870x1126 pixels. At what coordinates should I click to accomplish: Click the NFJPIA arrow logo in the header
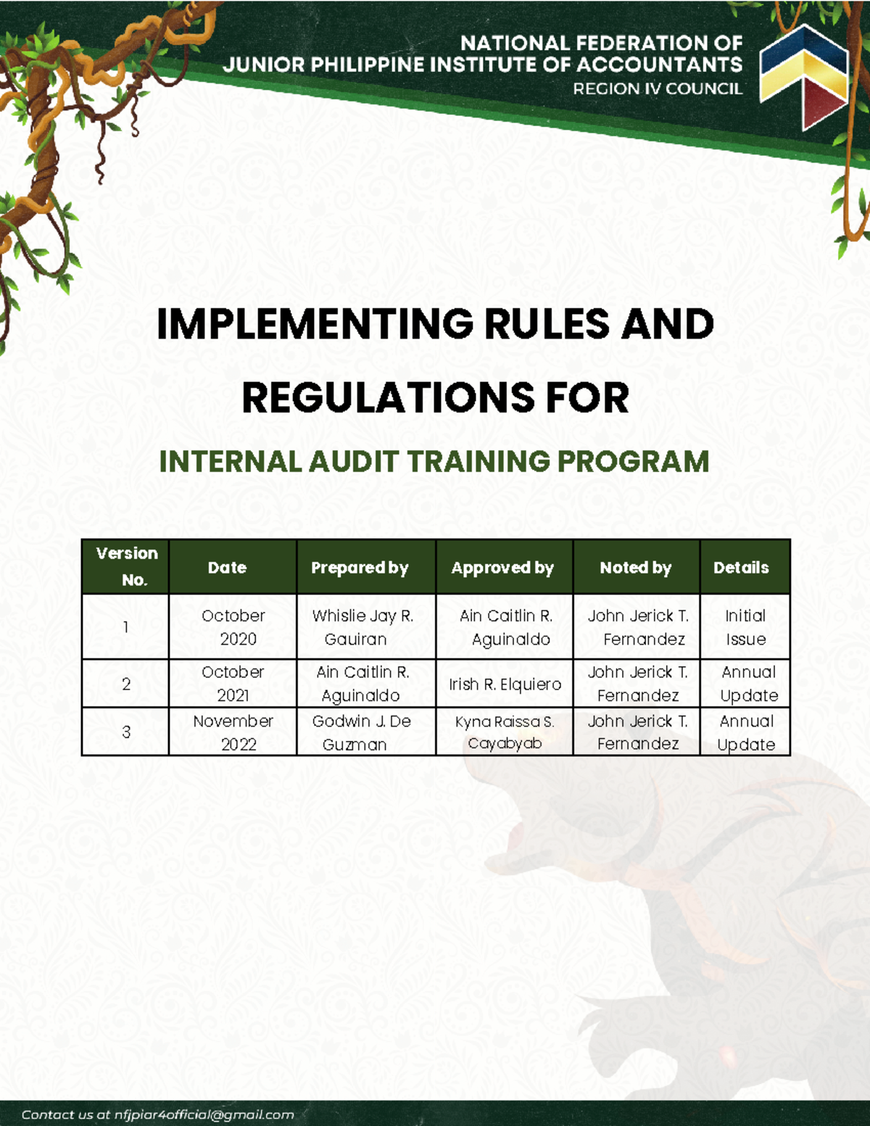803,75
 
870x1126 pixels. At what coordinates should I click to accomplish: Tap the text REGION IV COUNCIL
658,89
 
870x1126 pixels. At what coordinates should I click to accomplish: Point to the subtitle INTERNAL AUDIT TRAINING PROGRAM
434,462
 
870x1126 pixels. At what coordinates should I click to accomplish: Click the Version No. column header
126,566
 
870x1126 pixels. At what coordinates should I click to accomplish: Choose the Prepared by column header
360,568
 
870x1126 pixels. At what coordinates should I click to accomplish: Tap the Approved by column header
502,568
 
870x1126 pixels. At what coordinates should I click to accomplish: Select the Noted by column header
636,568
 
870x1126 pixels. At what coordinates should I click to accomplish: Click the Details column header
741,568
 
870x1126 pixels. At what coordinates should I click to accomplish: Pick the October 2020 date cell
233,627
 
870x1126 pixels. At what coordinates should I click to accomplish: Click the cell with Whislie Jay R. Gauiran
362,627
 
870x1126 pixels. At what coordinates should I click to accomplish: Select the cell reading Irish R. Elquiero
505,684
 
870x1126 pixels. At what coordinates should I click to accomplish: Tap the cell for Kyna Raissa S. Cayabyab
505,732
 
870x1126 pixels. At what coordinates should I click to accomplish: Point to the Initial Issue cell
745,627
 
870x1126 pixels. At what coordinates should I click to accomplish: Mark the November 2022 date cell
233,732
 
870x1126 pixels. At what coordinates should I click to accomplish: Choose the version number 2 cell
126,684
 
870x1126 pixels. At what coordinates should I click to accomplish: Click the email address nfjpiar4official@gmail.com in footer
204,1115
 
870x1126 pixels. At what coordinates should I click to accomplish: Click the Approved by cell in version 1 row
505,627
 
